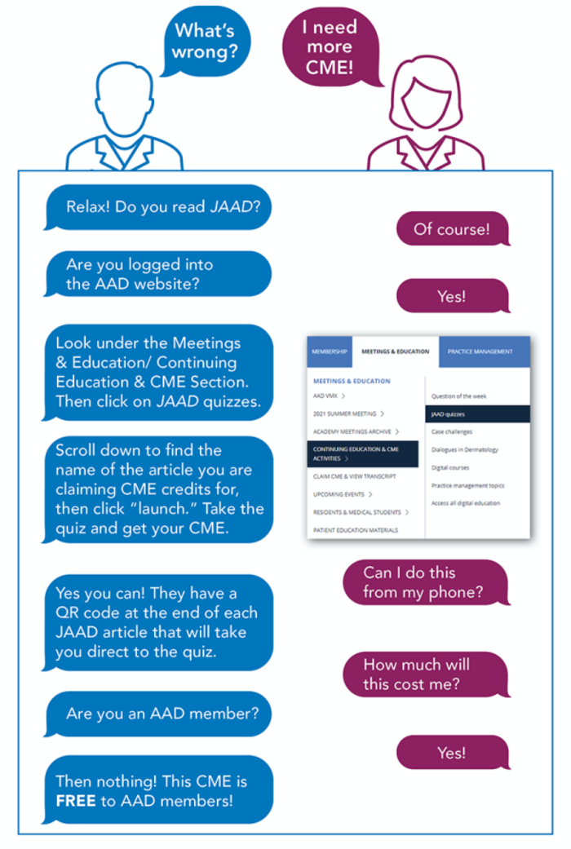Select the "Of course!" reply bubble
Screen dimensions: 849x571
[x=451, y=229]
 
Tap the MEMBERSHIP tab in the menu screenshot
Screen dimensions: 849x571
[x=330, y=352]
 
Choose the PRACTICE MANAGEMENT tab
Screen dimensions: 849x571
[x=480, y=352]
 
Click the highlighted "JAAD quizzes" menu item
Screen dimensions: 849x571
[x=477, y=413]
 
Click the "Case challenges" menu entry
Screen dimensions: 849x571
[x=452, y=431]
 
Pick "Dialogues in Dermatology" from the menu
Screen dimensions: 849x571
[x=464, y=449]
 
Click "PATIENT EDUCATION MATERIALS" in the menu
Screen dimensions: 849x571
[x=356, y=530]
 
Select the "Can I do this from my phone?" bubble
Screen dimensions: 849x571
[x=424, y=582]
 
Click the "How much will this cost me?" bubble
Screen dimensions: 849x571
[x=424, y=674]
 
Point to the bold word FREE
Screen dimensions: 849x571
[x=76, y=801]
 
